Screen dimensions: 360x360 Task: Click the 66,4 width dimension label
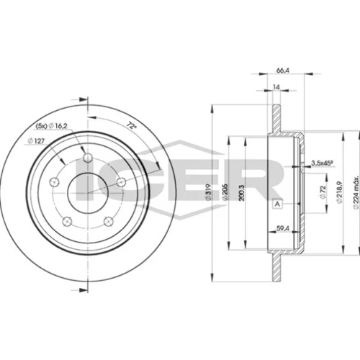283,71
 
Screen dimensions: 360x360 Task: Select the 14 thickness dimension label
276,87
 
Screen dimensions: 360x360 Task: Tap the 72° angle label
131,125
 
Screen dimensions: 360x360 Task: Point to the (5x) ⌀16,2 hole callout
51,125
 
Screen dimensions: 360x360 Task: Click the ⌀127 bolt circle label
36,141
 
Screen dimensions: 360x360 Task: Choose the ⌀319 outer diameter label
208,192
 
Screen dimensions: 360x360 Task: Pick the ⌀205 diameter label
225,192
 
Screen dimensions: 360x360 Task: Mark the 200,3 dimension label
242,193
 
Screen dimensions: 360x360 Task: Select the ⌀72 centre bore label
323,192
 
